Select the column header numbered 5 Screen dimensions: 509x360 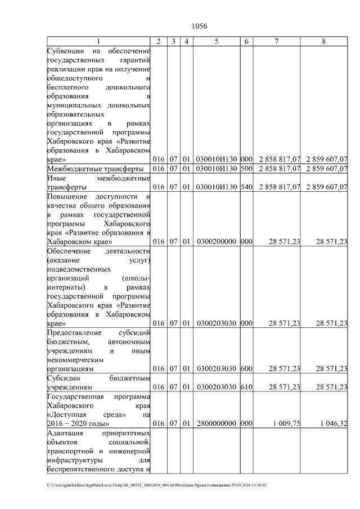[x=217, y=41]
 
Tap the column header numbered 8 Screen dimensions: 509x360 [x=323, y=41]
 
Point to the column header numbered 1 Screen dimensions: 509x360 [x=99, y=41]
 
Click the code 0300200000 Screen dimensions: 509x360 [x=217, y=241]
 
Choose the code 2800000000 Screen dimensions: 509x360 [x=217, y=424]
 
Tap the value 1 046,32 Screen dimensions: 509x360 [x=332, y=424]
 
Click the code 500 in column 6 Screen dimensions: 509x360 [x=247, y=168]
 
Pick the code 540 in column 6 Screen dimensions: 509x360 [x=247, y=187]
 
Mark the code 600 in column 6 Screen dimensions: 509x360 [x=247, y=368]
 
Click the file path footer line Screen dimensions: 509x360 [x=157, y=485]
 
